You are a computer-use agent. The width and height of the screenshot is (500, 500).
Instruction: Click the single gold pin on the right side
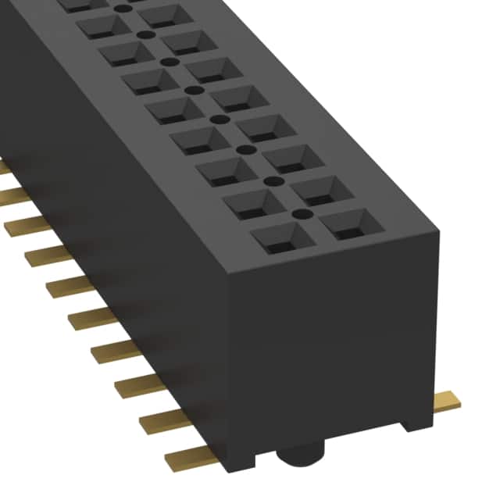pyautogui.click(x=446, y=402)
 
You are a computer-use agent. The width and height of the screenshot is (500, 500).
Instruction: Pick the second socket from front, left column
pyautogui.click(x=255, y=204)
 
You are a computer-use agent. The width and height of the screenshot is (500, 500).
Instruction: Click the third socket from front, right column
pyautogui.click(x=300, y=159)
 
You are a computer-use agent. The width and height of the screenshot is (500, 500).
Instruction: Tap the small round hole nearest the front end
pyautogui.click(x=297, y=212)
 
